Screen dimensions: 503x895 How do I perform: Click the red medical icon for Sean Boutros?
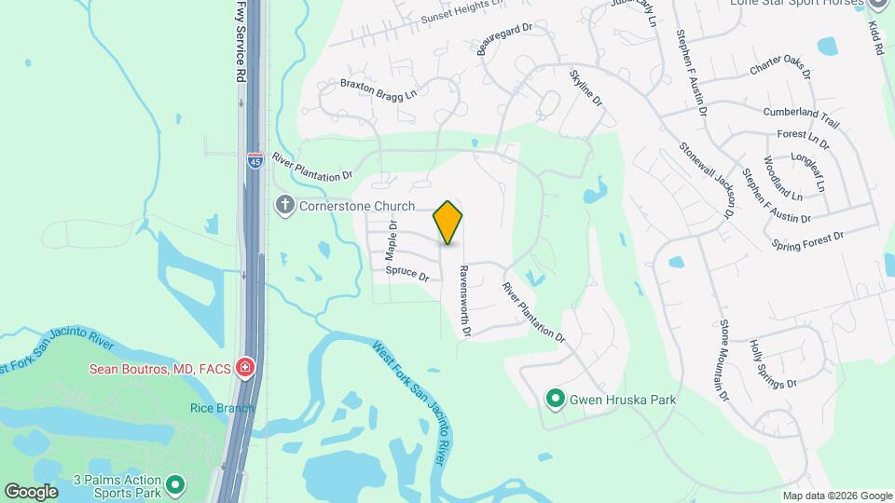pyautogui.click(x=245, y=368)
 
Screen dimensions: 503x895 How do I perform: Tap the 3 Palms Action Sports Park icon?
pyautogui.click(x=175, y=484)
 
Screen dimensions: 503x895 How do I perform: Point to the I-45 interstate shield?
pyautogui.click(x=255, y=160)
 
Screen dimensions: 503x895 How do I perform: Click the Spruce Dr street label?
pyautogui.click(x=407, y=275)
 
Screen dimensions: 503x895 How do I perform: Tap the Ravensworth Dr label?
pyautogui.click(x=464, y=300)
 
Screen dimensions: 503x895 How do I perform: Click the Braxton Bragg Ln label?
pyautogui.click(x=378, y=88)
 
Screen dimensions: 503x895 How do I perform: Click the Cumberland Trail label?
pyautogui.click(x=801, y=116)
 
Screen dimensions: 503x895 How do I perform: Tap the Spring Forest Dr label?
pyautogui.click(x=807, y=239)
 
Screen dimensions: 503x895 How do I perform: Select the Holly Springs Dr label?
pyautogui.click(x=773, y=363)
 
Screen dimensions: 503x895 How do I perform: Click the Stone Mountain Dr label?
pyautogui.click(x=723, y=360)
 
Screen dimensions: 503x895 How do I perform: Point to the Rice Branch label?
pyautogui.click(x=222, y=408)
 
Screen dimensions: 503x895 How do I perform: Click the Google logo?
pyautogui.click(x=31, y=491)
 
